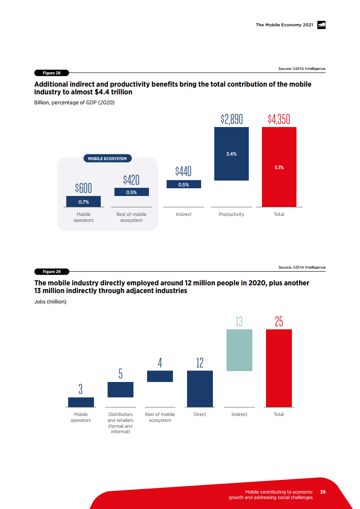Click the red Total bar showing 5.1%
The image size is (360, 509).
(279, 167)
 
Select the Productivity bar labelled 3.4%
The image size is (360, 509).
(231, 153)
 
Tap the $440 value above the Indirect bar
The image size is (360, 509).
(183, 171)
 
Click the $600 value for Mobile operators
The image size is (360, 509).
(84, 188)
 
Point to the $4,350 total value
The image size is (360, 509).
(279, 119)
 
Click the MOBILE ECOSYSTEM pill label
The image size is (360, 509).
(107, 158)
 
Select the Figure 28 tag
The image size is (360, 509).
(51, 73)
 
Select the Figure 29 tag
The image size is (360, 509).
(51, 271)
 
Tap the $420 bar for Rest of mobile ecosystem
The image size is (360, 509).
(131, 192)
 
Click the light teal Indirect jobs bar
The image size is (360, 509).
(239, 350)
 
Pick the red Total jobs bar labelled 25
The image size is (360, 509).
(279, 368)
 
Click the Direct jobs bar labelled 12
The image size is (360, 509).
(200, 389)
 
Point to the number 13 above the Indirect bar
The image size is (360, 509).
(239, 322)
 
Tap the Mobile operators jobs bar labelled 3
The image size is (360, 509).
(81, 402)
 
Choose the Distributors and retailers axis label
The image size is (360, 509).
(120, 423)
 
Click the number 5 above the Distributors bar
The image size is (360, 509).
(120, 374)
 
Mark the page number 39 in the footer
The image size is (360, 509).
(323, 492)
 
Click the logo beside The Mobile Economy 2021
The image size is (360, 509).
(321, 25)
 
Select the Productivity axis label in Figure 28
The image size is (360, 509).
(231, 214)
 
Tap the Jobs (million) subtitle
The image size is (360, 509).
(50, 302)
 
